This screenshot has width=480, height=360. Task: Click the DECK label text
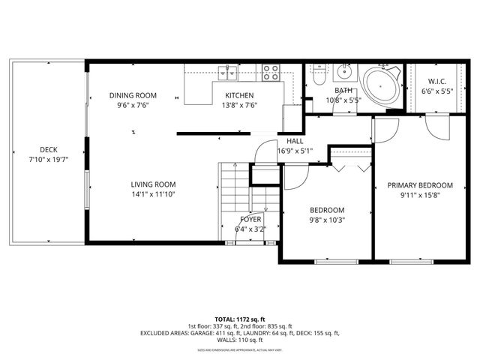[x=48, y=150]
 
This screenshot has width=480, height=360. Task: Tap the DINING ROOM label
[x=133, y=95]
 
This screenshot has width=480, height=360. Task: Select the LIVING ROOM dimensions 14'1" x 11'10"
[x=153, y=194]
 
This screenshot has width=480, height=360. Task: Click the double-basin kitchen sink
[x=226, y=73]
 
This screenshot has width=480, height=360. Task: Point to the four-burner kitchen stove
[x=271, y=73]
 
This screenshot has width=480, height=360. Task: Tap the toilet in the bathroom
[x=319, y=76]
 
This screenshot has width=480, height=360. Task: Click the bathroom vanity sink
[x=344, y=73]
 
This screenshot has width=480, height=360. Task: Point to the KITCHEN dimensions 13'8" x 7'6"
[x=240, y=106]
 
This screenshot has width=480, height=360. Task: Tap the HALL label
[x=295, y=141]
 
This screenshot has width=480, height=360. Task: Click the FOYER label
[x=250, y=220]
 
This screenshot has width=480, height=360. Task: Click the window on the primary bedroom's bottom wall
[x=411, y=261]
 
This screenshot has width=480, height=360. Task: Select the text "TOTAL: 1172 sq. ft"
[x=240, y=318]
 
